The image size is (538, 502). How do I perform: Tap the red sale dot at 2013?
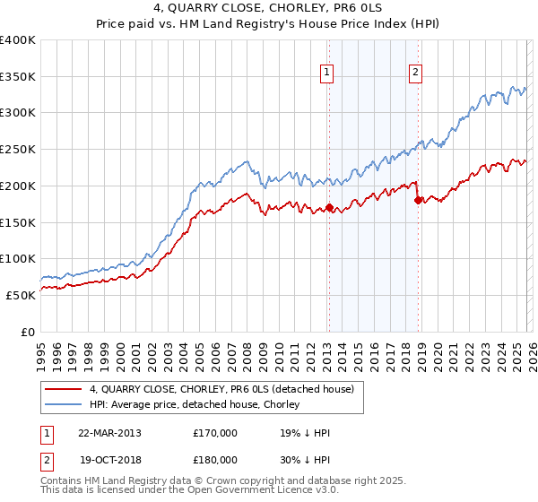coord(329,207)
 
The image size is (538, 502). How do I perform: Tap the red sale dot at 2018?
coord(418,200)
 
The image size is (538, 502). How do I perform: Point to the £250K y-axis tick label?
coord(18,150)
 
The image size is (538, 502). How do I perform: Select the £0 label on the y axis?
coord(28,332)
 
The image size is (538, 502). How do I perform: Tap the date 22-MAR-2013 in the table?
coord(109,433)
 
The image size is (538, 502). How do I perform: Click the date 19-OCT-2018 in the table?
coord(109,460)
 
